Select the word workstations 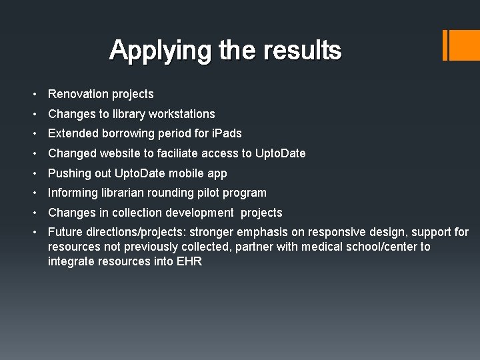pos(182,114)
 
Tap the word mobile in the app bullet pos(189,173)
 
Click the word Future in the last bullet pos(65,232)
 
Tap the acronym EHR pos(189,261)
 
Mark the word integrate pos(71,261)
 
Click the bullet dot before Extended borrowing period pos(39,133)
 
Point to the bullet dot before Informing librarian pos(39,193)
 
